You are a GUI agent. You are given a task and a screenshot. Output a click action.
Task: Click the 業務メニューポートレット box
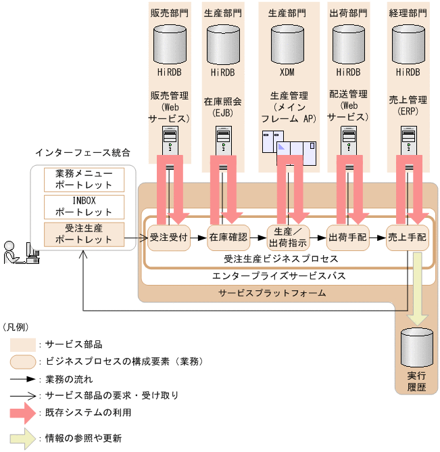point(84,179)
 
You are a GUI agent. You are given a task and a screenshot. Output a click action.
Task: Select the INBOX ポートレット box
point(84,206)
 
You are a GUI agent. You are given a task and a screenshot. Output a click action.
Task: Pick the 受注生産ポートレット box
point(84,233)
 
